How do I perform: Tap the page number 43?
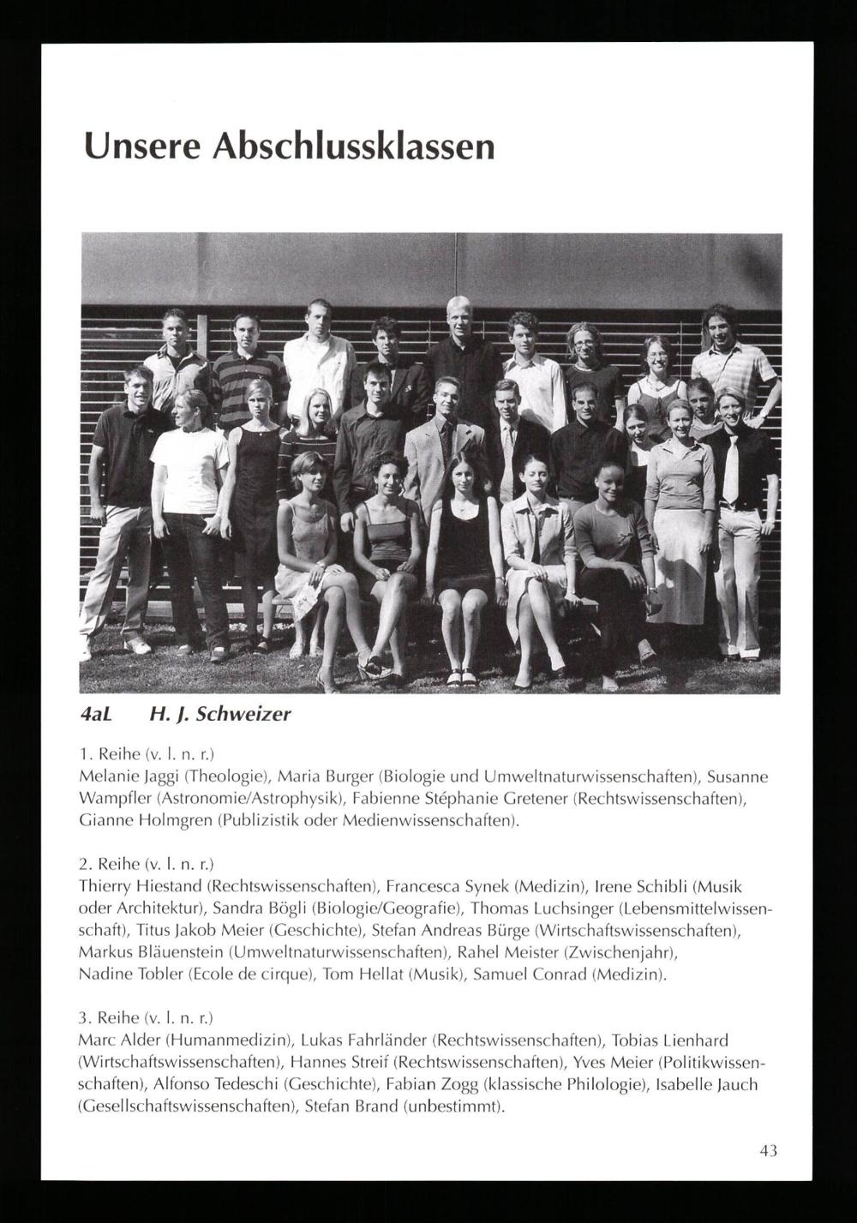768,1150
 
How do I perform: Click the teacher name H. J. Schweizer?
220,714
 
